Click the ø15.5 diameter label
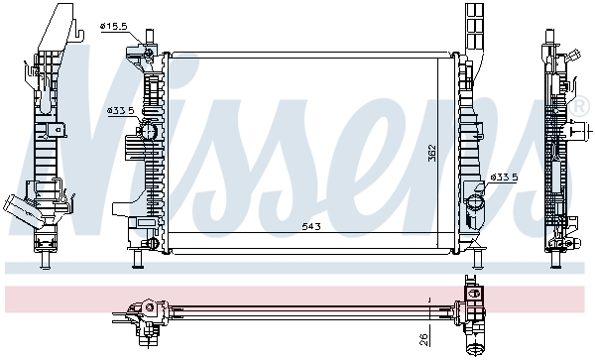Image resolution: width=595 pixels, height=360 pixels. [115, 26]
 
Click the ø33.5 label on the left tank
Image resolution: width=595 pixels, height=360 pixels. [120, 112]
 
